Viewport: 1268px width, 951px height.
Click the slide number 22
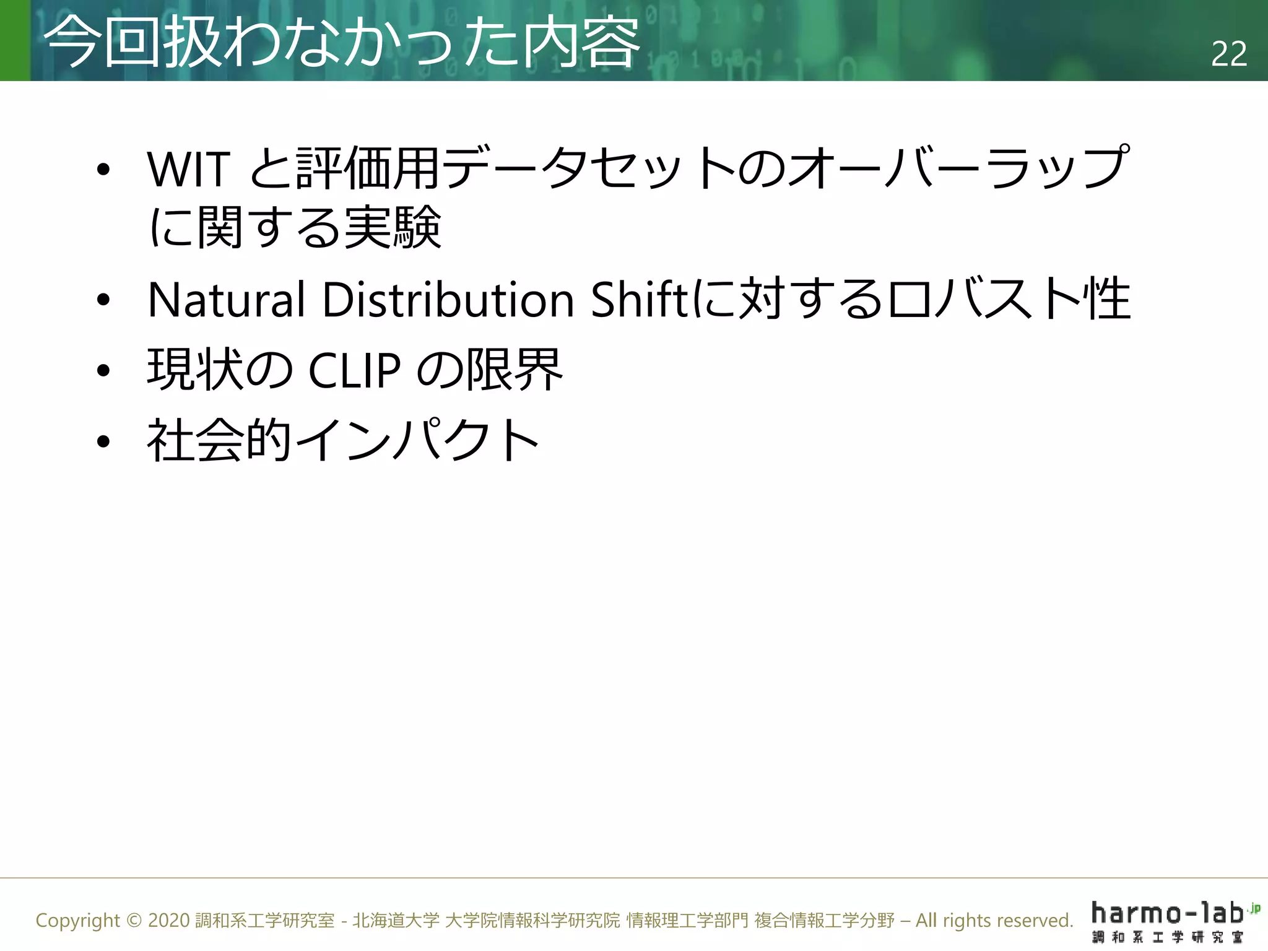(x=1228, y=54)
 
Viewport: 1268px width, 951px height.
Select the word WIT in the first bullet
(x=189, y=168)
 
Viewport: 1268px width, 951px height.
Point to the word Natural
(x=227, y=300)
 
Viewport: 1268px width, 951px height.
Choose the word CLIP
(x=354, y=370)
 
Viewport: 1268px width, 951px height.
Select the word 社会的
(x=219, y=440)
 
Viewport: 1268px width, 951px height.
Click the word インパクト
(x=417, y=440)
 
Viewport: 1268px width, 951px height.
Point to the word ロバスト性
(x=1009, y=300)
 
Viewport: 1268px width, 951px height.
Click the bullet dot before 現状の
(x=103, y=370)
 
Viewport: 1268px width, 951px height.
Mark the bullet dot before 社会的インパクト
(x=103, y=441)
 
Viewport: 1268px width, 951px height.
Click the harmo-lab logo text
(x=1168, y=913)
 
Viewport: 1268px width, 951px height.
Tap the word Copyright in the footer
(x=77, y=921)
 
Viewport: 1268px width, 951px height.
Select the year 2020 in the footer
(x=168, y=921)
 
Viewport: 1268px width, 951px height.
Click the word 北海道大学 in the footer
(x=396, y=921)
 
